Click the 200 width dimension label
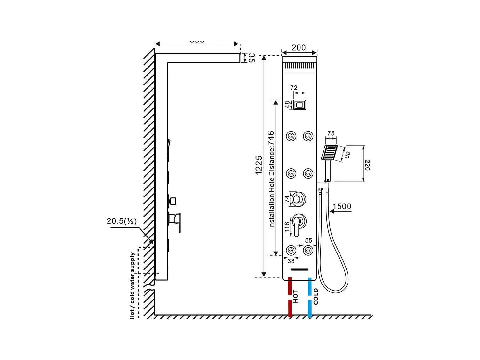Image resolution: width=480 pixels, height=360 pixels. [299, 48]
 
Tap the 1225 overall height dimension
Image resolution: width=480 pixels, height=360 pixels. [259, 165]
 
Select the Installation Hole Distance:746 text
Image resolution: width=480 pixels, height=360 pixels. [271, 180]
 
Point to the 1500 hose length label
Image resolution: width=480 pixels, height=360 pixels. [342, 206]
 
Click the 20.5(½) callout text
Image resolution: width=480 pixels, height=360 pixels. [122, 221]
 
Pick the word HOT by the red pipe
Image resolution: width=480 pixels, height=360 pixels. [295, 296]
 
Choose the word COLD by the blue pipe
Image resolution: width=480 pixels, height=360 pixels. [316, 296]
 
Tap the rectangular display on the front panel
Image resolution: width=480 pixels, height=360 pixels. [300, 105]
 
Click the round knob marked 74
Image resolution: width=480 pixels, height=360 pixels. [299, 199]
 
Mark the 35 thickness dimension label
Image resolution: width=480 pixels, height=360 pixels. [252, 58]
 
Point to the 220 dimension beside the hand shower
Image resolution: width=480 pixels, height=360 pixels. [367, 165]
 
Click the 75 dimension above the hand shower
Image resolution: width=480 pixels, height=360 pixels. [331, 133]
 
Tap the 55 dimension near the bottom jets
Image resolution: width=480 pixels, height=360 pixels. [308, 240]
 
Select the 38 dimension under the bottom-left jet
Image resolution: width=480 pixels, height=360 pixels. [291, 261]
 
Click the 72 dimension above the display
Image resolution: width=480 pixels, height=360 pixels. [294, 88]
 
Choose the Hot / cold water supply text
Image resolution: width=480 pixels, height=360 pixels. [132, 285]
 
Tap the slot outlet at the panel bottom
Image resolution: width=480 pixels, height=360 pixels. [300, 269]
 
